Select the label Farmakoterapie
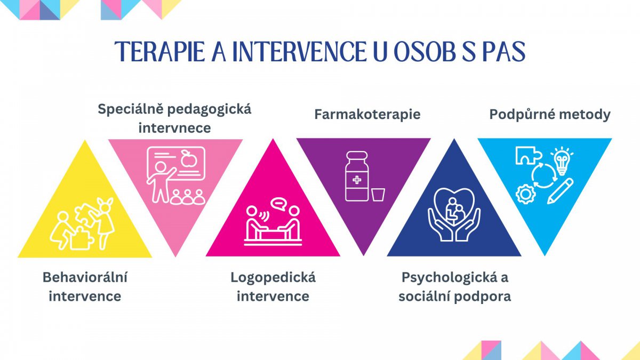(x=367, y=114)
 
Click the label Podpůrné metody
(x=550, y=115)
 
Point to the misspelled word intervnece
(x=174, y=129)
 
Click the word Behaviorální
(x=85, y=277)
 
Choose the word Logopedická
(x=273, y=277)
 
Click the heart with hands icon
(x=454, y=213)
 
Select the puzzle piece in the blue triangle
(x=527, y=156)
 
